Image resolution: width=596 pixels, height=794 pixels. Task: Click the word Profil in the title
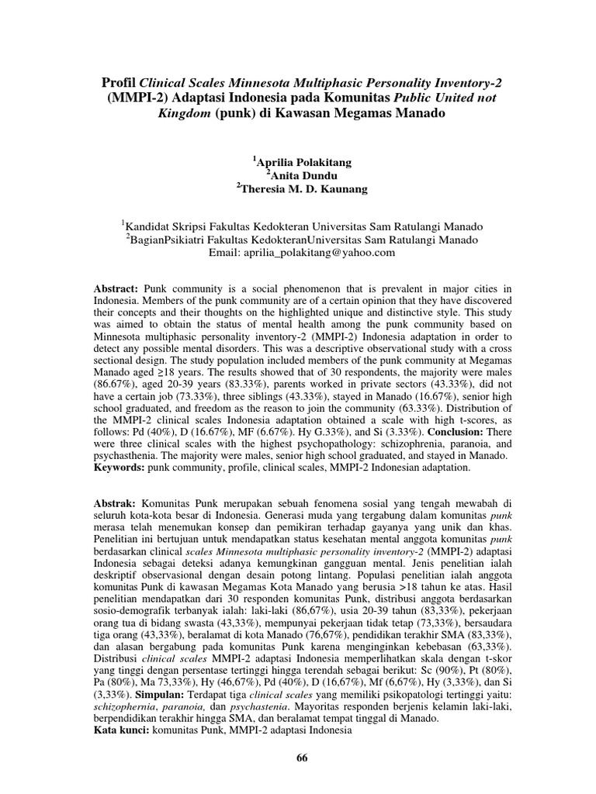[119, 82]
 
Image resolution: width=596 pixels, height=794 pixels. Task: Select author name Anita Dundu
[301, 174]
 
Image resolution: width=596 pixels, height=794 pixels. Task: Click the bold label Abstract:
[115, 288]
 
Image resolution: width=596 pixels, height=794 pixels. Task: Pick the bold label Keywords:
[119, 468]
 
